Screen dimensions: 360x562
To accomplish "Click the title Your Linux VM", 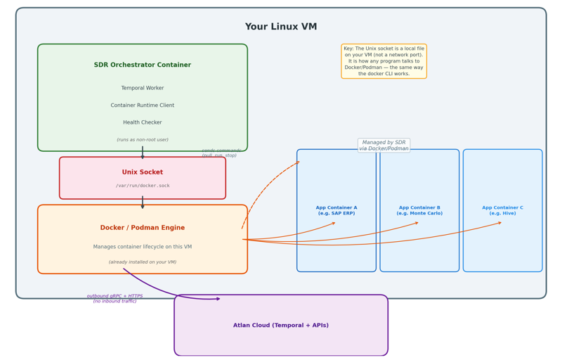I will [281, 27].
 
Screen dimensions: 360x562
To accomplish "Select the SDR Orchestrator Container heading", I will [143, 65].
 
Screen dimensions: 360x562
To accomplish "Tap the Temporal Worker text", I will [143, 89].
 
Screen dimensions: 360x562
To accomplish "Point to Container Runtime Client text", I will [143, 105].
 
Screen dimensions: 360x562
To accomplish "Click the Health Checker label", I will [143, 122].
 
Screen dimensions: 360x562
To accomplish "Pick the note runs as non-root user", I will [143, 140].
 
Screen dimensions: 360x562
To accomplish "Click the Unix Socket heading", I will [143, 172].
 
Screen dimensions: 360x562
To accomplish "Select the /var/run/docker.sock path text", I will [143, 186].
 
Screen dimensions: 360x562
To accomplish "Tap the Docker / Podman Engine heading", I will [143, 228].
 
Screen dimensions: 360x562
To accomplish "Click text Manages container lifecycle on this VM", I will [143, 247].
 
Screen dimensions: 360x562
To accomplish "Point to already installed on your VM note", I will [143, 262].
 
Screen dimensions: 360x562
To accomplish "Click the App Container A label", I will [336, 210].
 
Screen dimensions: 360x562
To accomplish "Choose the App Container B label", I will [419, 210].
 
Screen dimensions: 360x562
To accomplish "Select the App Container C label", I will [502, 210].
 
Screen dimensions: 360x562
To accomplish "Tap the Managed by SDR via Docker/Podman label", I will [384, 146].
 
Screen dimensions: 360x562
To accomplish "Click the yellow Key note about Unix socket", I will [384, 61].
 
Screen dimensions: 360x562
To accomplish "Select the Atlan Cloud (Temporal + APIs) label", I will [281, 326].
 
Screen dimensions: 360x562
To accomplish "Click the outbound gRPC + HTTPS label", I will [115, 299].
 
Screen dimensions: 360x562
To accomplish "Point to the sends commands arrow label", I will [221, 153].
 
